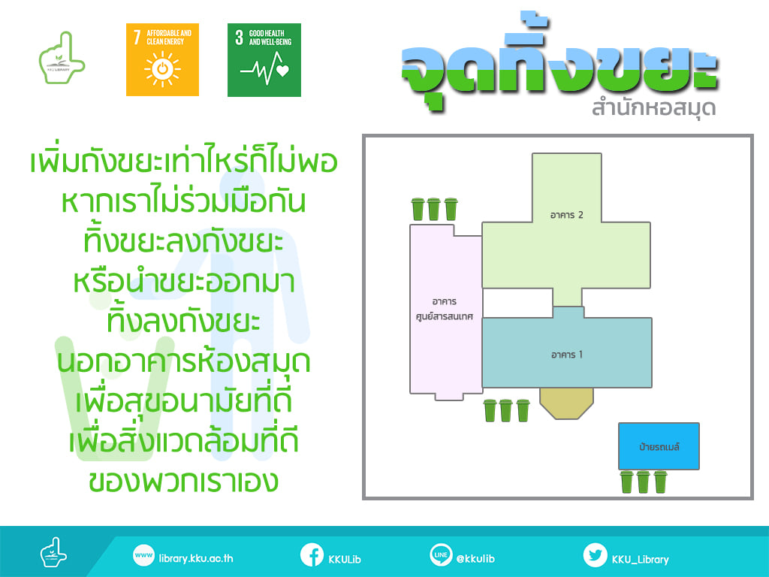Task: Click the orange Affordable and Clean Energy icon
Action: tap(162, 60)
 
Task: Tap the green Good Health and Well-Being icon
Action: tap(264, 60)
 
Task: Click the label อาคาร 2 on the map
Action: tap(566, 215)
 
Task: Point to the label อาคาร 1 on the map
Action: tap(567, 355)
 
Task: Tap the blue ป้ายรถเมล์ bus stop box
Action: tap(659, 446)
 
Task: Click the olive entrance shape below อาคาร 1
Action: tap(567, 403)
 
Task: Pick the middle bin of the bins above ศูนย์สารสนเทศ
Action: tap(434, 209)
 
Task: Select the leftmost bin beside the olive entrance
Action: tap(490, 410)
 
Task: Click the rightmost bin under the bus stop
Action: tap(661, 482)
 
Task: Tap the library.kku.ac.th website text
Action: tap(196, 558)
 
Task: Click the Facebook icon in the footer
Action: tap(312, 555)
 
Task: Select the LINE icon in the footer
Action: tap(441, 555)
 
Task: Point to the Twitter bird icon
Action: tap(595, 555)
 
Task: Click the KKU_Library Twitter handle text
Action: tap(640, 559)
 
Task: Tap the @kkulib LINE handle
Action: tap(475, 558)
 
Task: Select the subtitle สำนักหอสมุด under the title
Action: tap(653, 107)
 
